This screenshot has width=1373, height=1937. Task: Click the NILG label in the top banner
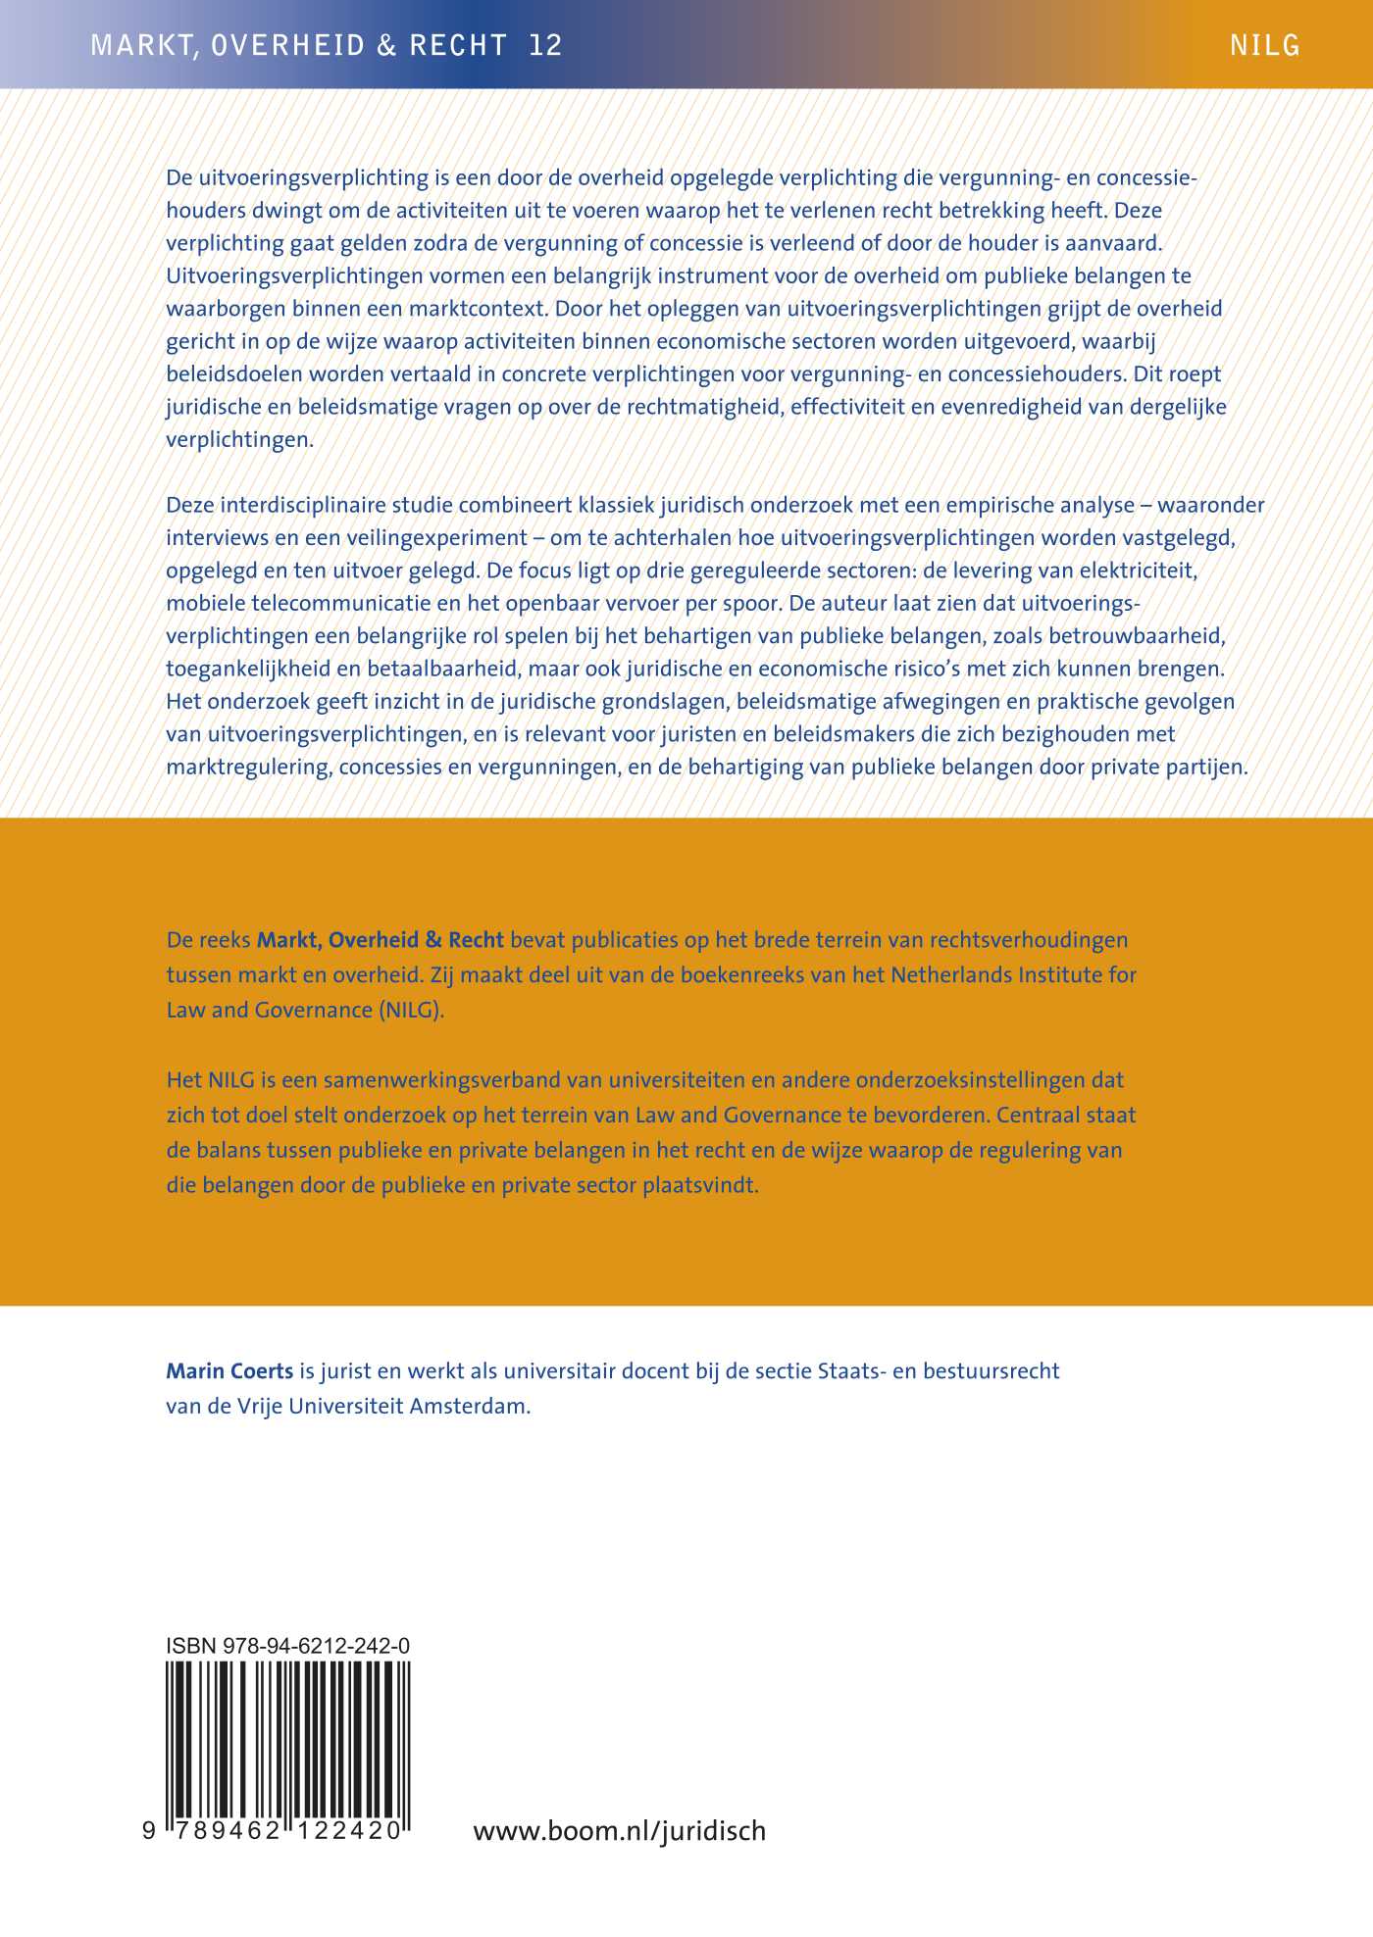[1264, 45]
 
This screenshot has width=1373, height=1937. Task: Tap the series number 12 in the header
[545, 45]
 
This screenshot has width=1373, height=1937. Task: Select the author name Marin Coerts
[229, 1370]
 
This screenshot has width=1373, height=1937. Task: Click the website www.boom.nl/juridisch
[619, 1830]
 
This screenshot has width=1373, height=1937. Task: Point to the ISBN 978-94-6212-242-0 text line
[288, 1646]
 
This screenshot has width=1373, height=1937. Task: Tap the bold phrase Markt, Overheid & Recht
[380, 940]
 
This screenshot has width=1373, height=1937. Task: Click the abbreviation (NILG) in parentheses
[411, 1010]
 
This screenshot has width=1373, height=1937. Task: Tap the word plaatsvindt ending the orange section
[700, 1184]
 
